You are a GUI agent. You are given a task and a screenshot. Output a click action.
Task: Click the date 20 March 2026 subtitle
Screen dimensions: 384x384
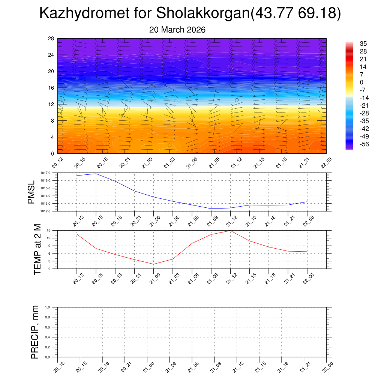[177, 30]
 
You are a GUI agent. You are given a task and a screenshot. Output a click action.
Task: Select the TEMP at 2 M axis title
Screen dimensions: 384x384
[37, 249]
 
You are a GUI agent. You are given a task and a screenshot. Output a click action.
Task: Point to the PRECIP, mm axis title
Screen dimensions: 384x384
[34, 332]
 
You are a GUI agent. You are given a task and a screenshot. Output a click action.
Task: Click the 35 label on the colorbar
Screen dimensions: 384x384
[363, 43]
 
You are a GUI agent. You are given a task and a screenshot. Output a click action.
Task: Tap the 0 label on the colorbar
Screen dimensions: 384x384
[361, 82]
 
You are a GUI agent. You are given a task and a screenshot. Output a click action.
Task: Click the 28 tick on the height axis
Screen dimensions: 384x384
[51, 38]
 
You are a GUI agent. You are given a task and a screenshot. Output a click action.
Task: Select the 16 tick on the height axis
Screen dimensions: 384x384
[51, 88]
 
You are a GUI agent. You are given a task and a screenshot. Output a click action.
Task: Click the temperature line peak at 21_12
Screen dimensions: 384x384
[230, 231]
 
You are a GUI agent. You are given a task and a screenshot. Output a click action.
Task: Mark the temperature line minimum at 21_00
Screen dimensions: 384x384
[153, 264]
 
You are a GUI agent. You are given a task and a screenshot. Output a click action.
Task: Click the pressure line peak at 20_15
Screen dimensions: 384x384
[96, 174]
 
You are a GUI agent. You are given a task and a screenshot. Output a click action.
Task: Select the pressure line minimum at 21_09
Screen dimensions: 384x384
[211, 208]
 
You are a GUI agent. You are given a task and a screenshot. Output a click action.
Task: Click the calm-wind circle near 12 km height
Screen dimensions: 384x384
[237, 100]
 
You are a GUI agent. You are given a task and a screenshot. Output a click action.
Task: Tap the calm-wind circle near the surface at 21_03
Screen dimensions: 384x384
[169, 145]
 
